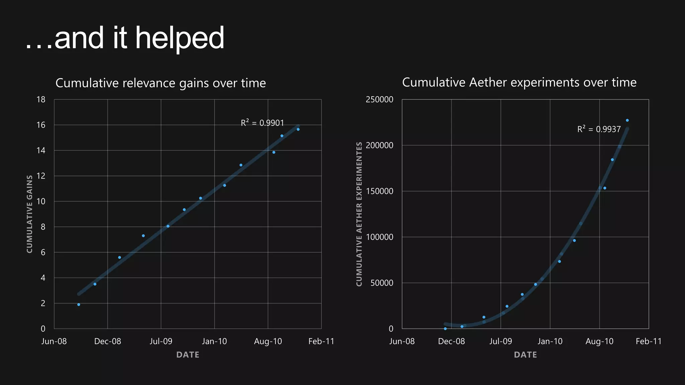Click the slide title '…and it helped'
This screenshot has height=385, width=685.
coord(124,38)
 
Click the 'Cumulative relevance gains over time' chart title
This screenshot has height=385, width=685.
coord(161,83)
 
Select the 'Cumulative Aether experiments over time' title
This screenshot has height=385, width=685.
coord(519,82)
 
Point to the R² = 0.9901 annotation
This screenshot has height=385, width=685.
coord(262,123)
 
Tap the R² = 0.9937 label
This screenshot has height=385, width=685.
coord(599,129)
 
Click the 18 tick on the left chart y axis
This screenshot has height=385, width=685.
coord(41,100)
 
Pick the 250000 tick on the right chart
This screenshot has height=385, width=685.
coord(379,100)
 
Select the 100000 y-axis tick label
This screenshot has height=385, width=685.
coord(379,237)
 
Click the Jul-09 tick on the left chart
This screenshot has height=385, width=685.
coord(161,341)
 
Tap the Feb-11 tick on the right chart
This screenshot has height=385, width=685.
coord(649,341)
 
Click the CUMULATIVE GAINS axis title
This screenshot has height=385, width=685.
coord(29,214)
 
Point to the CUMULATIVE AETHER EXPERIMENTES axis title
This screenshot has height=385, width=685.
coord(359,214)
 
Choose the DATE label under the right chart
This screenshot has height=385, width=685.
coord(525,355)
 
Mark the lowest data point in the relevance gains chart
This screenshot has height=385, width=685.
coord(79,304)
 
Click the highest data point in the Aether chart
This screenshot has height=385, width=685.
coord(627,120)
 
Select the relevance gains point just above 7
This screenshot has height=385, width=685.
coord(143,236)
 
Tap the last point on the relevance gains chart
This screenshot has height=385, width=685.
coord(298,129)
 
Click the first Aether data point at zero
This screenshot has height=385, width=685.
coord(445,329)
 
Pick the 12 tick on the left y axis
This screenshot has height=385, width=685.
coord(41,176)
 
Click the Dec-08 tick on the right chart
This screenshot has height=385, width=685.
coord(451,341)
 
